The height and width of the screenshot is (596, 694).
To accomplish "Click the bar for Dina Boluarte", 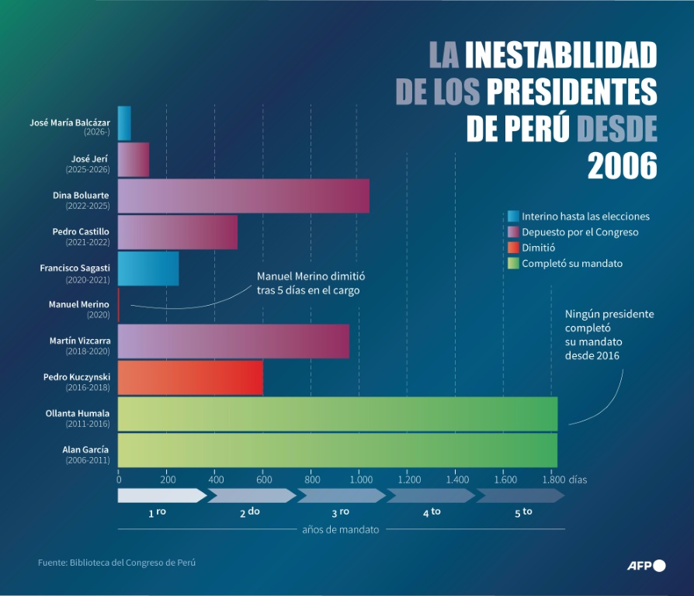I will [x=243, y=196].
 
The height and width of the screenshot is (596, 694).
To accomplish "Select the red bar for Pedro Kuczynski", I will [x=190, y=378].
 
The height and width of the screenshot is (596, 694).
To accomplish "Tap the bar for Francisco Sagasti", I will [x=148, y=269].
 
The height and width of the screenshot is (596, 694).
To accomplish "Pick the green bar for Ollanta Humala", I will [x=338, y=414].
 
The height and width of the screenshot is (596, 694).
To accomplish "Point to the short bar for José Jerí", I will [x=133, y=159].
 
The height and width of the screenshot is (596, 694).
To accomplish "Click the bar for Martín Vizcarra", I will [x=233, y=341].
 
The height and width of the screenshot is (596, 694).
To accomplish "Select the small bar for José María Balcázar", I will [x=124, y=123].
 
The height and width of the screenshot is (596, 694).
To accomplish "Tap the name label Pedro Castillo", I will [x=81, y=231].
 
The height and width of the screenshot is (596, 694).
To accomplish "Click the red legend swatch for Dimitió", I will [x=512, y=248].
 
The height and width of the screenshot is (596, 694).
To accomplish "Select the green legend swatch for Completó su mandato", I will [x=512, y=263].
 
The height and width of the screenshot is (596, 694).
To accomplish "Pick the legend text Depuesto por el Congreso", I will [x=580, y=232].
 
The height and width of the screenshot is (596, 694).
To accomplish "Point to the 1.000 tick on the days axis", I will [x=359, y=480].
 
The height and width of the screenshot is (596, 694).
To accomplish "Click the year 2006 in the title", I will [x=622, y=165].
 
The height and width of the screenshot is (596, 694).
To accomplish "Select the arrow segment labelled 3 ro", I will [x=340, y=495].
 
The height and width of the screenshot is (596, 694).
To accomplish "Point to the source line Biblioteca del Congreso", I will [x=117, y=563].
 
